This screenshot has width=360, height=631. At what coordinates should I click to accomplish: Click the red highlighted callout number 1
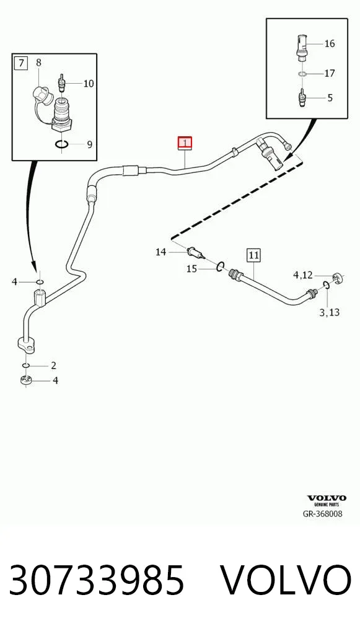point(185,143)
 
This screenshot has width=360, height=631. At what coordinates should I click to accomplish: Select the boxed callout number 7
point(21,63)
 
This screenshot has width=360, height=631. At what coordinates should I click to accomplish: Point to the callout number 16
point(330,43)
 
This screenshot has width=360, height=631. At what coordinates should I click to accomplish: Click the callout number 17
point(330,74)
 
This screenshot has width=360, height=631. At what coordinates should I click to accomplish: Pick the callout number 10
point(89,84)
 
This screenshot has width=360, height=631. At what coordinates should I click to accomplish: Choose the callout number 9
point(89,144)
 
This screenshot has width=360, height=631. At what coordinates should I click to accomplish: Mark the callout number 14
point(161,252)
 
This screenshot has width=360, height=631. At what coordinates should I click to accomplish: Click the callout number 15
point(191,269)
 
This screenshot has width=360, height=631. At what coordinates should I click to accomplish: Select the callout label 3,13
point(329,312)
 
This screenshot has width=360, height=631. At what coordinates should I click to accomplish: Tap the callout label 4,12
point(302,275)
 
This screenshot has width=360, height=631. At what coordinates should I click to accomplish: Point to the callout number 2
point(53,366)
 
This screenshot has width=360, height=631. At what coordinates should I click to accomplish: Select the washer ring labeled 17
point(303,74)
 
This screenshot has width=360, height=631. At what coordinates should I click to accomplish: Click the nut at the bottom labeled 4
point(26,380)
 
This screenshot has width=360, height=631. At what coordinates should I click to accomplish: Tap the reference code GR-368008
point(323,513)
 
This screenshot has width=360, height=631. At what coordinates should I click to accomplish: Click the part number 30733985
point(97,580)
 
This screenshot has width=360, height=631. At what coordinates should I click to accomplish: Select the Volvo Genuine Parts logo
point(326,501)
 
